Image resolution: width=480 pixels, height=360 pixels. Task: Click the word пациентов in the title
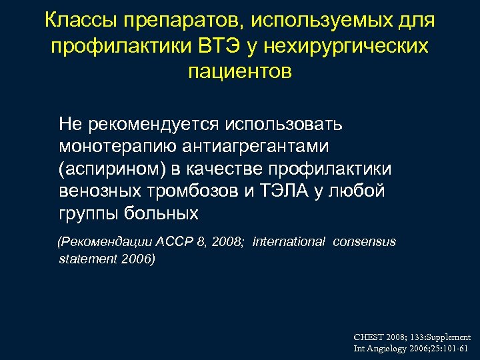[240, 71]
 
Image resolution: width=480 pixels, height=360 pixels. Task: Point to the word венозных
[100, 191]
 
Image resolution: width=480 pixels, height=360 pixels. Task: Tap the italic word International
[289, 241]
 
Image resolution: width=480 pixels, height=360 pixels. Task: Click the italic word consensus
[365, 241]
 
